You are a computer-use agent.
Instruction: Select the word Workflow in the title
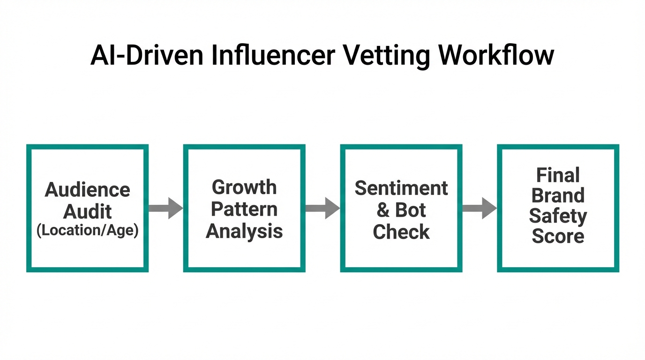click(x=496, y=55)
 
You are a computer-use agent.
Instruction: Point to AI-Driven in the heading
click(x=147, y=55)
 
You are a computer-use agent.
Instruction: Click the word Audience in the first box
click(x=88, y=190)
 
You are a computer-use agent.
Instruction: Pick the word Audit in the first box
click(x=88, y=211)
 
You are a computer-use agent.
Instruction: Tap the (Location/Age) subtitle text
click(x=88, y=231)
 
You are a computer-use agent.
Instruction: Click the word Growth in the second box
click(x=244, y=187)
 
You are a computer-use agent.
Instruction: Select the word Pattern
click(x=244, y=209)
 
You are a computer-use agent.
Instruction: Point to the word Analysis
click(x=244, y=231)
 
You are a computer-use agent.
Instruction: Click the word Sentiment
click(x=401, y=188)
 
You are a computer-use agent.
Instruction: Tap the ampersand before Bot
click(x=383, y=210)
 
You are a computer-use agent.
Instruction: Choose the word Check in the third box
click(x=401, y=232)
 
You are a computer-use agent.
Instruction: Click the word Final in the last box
click(x=558, y=175)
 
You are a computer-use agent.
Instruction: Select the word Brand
click(x=558, y=195)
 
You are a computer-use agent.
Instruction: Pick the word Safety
click(x=558, y=216)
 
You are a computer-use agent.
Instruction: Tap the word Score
click(x=558, y=236)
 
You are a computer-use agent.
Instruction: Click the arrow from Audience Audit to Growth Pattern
click(x=165, y=208)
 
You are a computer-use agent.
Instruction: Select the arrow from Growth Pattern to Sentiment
click(x=322, y=208)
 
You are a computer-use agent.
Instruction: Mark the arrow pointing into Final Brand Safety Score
click(x=479, y=208)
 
